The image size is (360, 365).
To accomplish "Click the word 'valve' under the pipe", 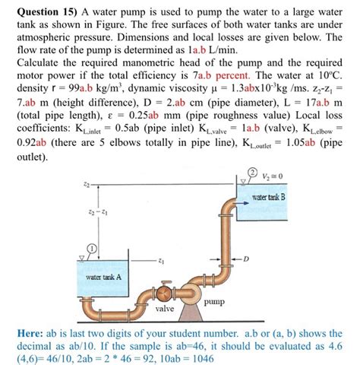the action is [165, 309].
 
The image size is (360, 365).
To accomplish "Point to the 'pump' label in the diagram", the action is [216, 301].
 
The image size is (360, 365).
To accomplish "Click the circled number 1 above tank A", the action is [91, 248].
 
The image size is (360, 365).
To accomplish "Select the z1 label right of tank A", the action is [161, 260].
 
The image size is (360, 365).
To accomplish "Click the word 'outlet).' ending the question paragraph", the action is [32, 157].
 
